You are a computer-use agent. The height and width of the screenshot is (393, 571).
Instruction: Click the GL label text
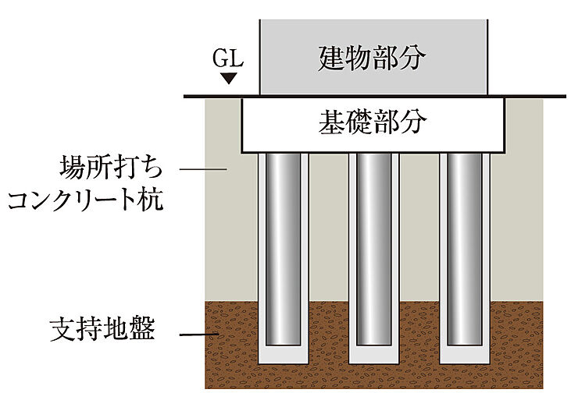point(227,59)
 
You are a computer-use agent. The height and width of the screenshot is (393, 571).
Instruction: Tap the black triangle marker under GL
point(228,78)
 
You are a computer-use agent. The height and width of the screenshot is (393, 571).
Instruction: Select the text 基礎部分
point(373,122)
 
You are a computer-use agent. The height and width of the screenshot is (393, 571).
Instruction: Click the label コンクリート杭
point(85,201)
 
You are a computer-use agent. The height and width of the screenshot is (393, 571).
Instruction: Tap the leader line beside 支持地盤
point(199,336)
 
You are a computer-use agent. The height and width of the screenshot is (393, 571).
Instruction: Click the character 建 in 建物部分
point(332,58)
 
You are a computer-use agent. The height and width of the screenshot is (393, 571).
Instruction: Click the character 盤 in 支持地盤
point(142,331)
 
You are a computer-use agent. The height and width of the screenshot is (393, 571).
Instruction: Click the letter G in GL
point(221,59)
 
